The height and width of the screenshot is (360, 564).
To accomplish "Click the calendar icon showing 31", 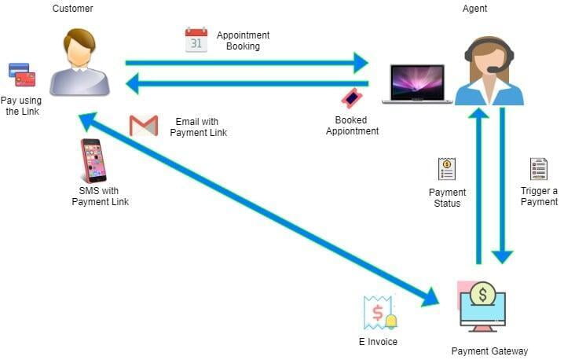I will click(196, 40).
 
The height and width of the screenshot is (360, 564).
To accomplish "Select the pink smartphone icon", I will click(93, 160).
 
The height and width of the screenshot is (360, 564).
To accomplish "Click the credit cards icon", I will click(21, 75).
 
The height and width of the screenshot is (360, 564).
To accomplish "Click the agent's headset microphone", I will click(493, 70).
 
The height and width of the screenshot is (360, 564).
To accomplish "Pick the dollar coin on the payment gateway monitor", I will click(482, 295).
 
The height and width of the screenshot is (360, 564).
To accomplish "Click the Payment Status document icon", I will click(447, 168).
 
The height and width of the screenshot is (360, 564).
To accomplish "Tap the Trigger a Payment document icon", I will click(538, 168).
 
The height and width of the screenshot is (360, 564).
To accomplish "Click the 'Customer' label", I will click(72, 9).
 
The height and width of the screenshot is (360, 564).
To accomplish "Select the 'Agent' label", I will click(474, 9).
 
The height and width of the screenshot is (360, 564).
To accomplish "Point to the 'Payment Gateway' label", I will click(489, 351).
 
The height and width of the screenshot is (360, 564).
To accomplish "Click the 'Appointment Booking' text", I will click(244, 41).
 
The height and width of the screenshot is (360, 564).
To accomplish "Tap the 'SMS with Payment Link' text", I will click(100, 197).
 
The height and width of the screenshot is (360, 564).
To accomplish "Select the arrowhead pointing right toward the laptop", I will click(361, 63).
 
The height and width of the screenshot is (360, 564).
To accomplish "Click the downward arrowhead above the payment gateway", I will click(502, 256).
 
